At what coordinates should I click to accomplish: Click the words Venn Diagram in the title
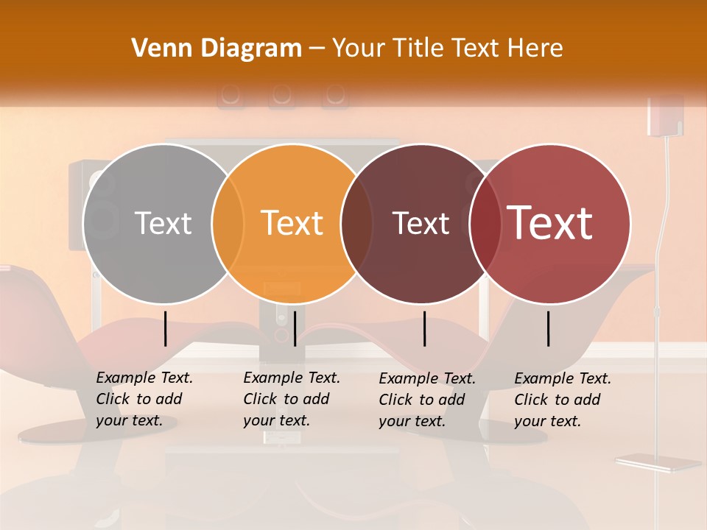point(217,49)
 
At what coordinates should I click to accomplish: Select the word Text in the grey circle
point(163,223)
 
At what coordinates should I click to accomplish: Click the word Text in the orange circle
point(292,223)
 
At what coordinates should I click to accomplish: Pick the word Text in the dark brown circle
point(421,223)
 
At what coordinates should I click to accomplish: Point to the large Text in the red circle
point(550,223)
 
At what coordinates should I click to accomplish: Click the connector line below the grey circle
point(166,328)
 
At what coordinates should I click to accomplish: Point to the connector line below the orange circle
point(295,328)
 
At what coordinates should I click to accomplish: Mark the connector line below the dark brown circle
point(425,328)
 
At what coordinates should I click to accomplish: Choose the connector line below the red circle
point(549,328)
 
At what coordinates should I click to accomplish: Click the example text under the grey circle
point(144,399)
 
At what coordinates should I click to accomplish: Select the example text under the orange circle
point(291,399)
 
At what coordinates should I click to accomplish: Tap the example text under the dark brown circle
point(426,400)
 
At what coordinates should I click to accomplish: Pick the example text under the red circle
point(562,400)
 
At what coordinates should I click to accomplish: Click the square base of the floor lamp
point(658,463)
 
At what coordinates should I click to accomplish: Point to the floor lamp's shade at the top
point(665,116)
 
